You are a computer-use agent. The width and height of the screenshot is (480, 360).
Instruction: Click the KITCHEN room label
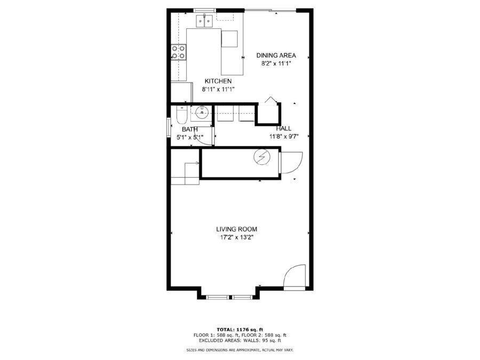coord(218,81)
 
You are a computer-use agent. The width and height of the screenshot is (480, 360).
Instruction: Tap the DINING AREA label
coord(276,55)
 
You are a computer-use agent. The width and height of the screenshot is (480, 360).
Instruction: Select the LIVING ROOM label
coord(237,229)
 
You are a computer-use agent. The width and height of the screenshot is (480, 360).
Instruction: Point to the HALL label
coord(284,129)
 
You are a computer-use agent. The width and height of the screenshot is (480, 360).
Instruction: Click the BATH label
coord(190,130)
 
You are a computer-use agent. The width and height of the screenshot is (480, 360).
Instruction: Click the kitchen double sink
coord(204,20)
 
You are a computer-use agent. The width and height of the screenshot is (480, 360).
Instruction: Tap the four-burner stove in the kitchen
coord(179,52)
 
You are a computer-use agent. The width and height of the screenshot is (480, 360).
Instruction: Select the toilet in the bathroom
coord(181,115)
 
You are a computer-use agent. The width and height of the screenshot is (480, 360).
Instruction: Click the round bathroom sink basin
coord(202,113)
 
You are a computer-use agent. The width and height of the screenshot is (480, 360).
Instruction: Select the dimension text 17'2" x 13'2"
coord(237,237)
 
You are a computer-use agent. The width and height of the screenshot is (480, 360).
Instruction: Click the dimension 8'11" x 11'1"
coord(218,90)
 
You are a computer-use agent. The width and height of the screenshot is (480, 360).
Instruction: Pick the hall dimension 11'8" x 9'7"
coord(284,137)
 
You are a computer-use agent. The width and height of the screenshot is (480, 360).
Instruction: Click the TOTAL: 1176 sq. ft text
coord(240,330)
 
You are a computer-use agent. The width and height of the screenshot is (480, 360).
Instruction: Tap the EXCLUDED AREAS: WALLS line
coord(240,340)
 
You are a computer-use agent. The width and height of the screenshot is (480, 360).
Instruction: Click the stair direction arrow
coord(192,163)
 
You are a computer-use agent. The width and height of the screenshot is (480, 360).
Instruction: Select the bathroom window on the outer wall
coord(169,127)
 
